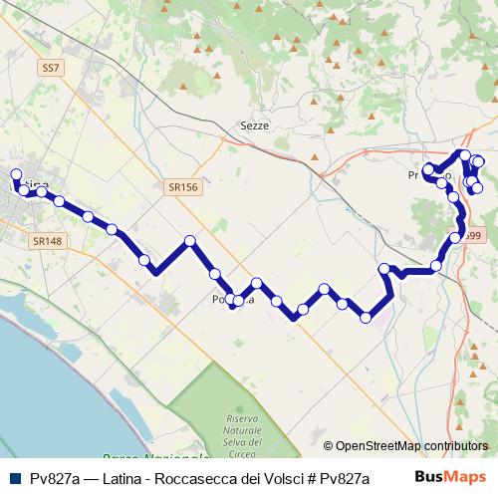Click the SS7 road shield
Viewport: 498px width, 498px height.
[x=52, y=69]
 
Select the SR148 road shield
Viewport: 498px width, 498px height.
[x=48, y=241]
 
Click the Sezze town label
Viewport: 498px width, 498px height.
[x=255, y=125]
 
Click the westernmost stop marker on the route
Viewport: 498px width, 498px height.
[x=15, y=174]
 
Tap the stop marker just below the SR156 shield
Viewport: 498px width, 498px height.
[x=189, y=241]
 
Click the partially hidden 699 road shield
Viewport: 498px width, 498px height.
[x=472, y=236]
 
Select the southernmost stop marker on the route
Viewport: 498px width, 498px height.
[x=366, y=319]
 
